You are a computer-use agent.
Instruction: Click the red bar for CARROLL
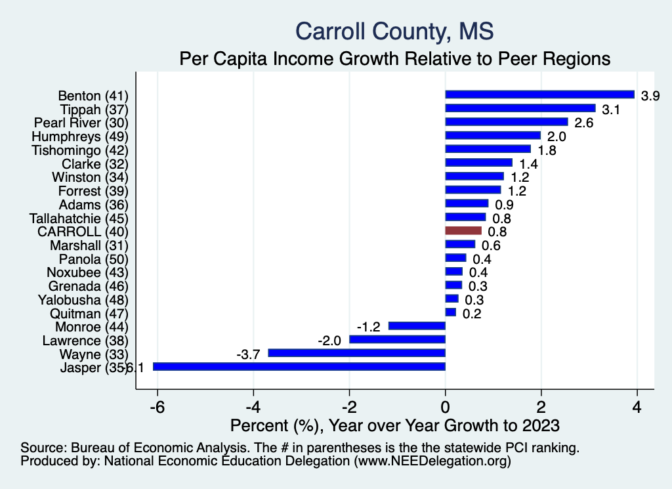463,231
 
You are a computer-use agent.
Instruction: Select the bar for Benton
539,95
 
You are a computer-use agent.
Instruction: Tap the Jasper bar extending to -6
299,367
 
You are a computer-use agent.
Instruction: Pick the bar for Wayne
356,353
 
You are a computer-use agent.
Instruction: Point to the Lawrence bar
397,340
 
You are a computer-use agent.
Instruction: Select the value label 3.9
650,96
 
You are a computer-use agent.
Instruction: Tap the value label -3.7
249,354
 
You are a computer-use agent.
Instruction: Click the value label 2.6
583,123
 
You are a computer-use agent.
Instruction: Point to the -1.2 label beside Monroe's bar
369,327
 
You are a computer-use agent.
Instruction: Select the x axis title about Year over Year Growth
394,426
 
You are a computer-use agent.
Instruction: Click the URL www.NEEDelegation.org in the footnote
432,461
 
